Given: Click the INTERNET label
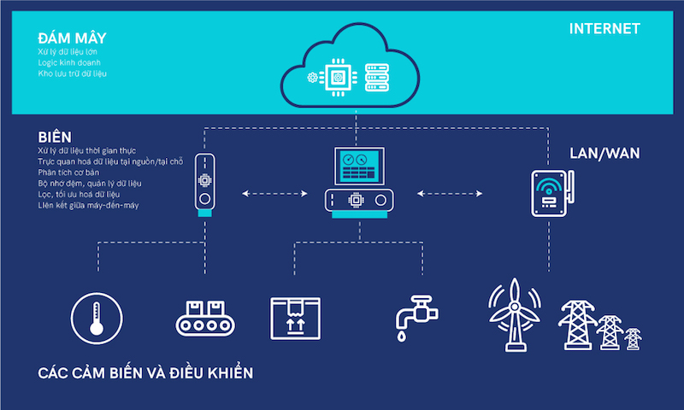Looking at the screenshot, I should click(x=604, y=29).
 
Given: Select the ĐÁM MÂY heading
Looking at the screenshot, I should click(x=72, y=38).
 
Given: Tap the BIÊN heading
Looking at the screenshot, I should click(x=54, y=137).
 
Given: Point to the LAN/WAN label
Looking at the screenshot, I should click(x=604, y=154).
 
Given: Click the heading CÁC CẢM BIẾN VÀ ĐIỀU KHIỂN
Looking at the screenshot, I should click(x=146, y=374).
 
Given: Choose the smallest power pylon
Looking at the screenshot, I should click(x=633, y=338).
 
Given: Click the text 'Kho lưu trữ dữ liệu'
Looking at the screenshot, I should click(x=73, y=74).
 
